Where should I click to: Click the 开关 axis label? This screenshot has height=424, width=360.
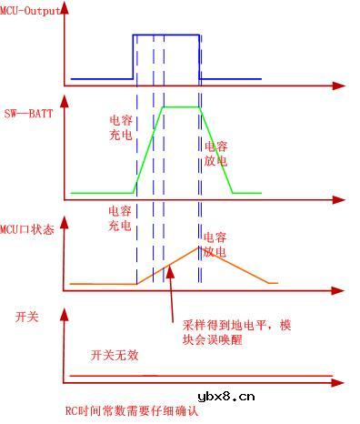pyautogui.click(x=27, y=316)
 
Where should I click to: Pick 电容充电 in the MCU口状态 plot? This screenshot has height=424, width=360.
pyautogui.click(x=120, y=216)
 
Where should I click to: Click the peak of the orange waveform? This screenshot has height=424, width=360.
pyautogui.click(x=200, y=247)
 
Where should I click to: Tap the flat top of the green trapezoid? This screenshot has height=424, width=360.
pyautogui.click(x=180, y=106)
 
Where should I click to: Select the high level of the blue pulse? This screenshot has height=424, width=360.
pyautogui.click(x=166, y=35)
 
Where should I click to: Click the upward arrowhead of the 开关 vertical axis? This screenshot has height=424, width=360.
pyautogui.click(x=64, y=312)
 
